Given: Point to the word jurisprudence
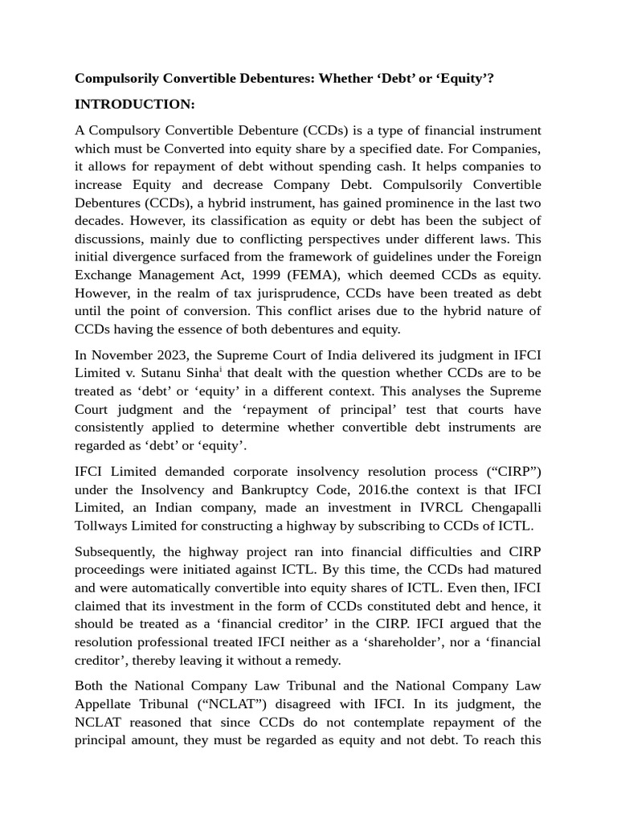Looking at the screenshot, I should point(273,293).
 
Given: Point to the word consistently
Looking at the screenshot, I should point(115,427).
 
